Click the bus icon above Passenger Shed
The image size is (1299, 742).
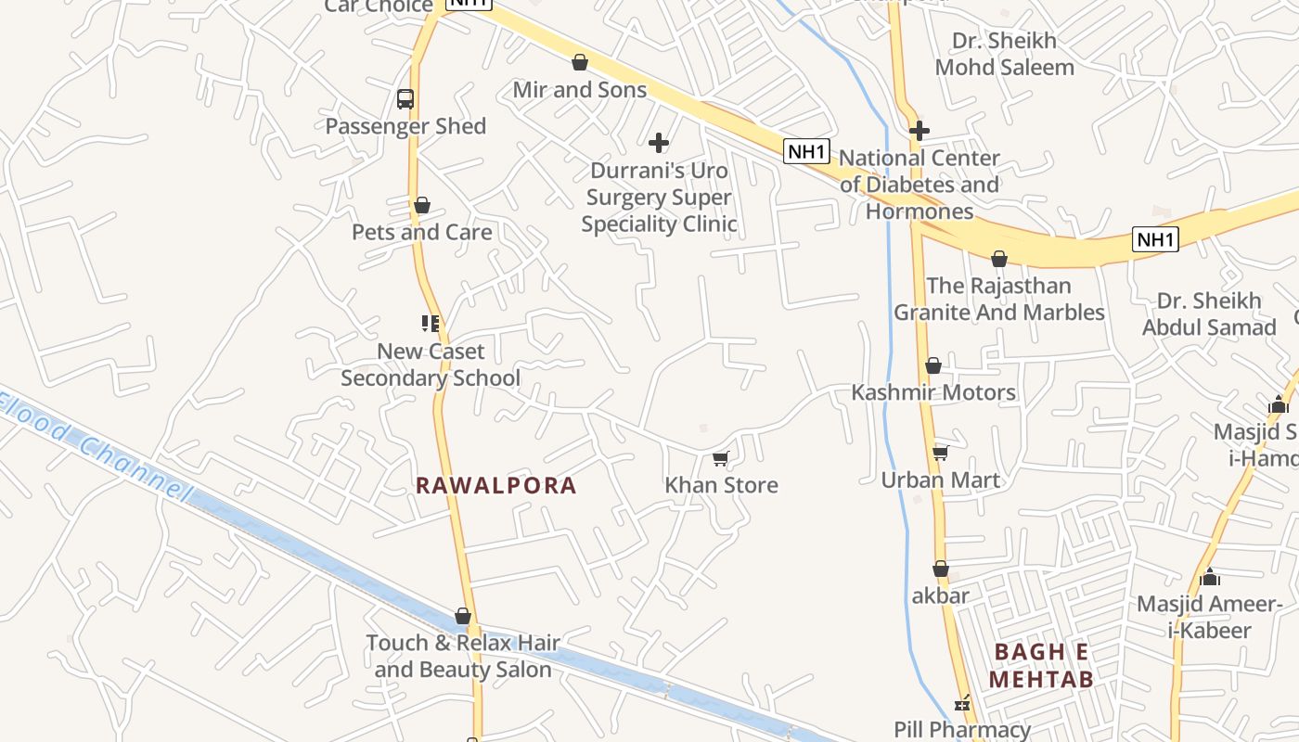(405, 99)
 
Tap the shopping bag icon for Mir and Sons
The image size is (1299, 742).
(580, 62)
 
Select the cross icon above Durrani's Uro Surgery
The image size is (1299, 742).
(659, 143)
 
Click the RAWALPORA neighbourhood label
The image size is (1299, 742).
(496, 485)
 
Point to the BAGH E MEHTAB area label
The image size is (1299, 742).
(1041, 665)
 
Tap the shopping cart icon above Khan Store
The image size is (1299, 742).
(721, 458)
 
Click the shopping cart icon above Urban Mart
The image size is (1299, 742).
(941, 453)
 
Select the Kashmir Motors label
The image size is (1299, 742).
(933, 392)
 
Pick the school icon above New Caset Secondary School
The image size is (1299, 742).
(431, 324)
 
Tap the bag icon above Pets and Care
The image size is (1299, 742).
(422, 205)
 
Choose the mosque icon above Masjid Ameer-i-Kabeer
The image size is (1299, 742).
(1210, 577)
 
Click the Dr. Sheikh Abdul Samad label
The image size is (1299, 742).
(1209, 314)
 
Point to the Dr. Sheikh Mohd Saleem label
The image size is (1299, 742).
(1005, 54)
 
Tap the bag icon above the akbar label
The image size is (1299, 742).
(941, 569)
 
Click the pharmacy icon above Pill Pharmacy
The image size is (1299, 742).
(963, 703)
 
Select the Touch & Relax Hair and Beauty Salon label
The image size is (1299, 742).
(463, 656)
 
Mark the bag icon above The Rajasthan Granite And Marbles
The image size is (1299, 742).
(999, 259)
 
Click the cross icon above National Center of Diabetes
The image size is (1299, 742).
(920, 131)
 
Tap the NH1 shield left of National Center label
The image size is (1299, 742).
(806, 151)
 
